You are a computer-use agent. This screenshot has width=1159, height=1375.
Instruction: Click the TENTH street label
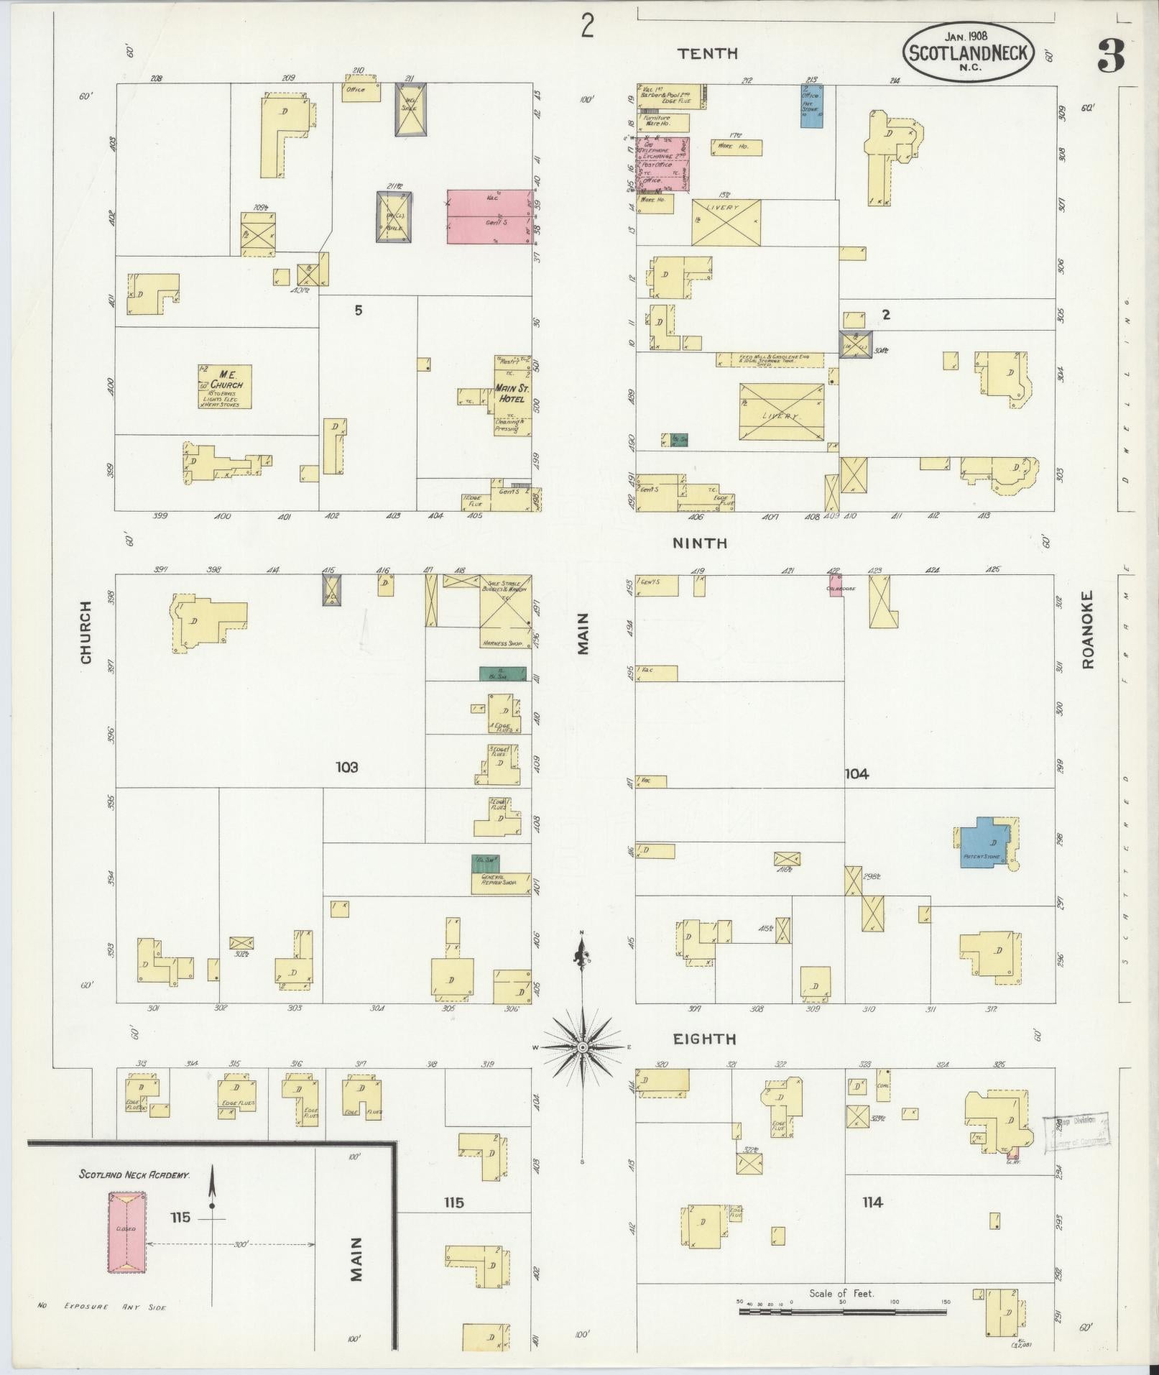(x=708, y=53)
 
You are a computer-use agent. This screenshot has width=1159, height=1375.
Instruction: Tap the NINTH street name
(x=699, y=543)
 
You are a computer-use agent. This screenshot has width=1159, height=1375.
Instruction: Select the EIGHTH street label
(x=704, y=1039)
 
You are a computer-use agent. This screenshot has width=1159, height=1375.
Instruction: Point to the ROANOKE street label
(x=1086, y=630)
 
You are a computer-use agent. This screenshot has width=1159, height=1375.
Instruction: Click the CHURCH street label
(x=86, y=633)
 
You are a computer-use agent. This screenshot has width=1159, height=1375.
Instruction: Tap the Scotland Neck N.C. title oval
(x=969, y=52)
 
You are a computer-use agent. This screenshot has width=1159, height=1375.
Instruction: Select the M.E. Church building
(x=225, y=387)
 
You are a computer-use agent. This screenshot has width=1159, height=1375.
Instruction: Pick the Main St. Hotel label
(x=511, y=393)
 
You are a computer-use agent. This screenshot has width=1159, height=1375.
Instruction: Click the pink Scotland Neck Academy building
(x=126, y=1232)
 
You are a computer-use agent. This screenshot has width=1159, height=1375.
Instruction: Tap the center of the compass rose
(x=582, y=1049)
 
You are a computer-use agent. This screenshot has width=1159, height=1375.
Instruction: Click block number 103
(x=346, y=767)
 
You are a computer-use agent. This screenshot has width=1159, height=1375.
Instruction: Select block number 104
(x=856, y=773)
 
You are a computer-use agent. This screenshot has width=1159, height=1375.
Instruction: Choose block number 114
(x=872, y=1202)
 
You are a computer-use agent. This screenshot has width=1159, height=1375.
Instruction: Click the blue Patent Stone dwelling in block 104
(x=984, y=842)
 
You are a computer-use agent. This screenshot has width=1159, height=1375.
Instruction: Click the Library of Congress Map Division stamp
(x=1076, y=1141)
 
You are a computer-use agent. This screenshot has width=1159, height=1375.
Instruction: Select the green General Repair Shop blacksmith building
(x=485, y=863)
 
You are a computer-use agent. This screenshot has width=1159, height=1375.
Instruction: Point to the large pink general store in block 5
(x=489, y=216)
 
